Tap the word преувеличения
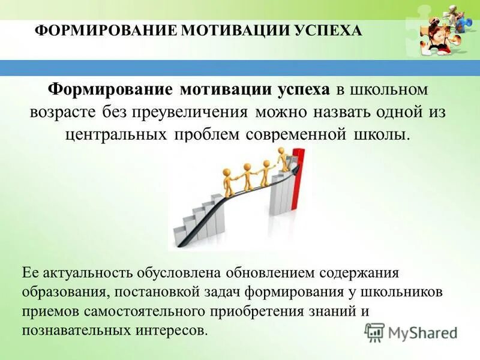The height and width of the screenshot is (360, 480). click(200, 112)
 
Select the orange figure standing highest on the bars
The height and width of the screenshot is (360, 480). click(281, 159)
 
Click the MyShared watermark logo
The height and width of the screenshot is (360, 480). click(410, 332)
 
